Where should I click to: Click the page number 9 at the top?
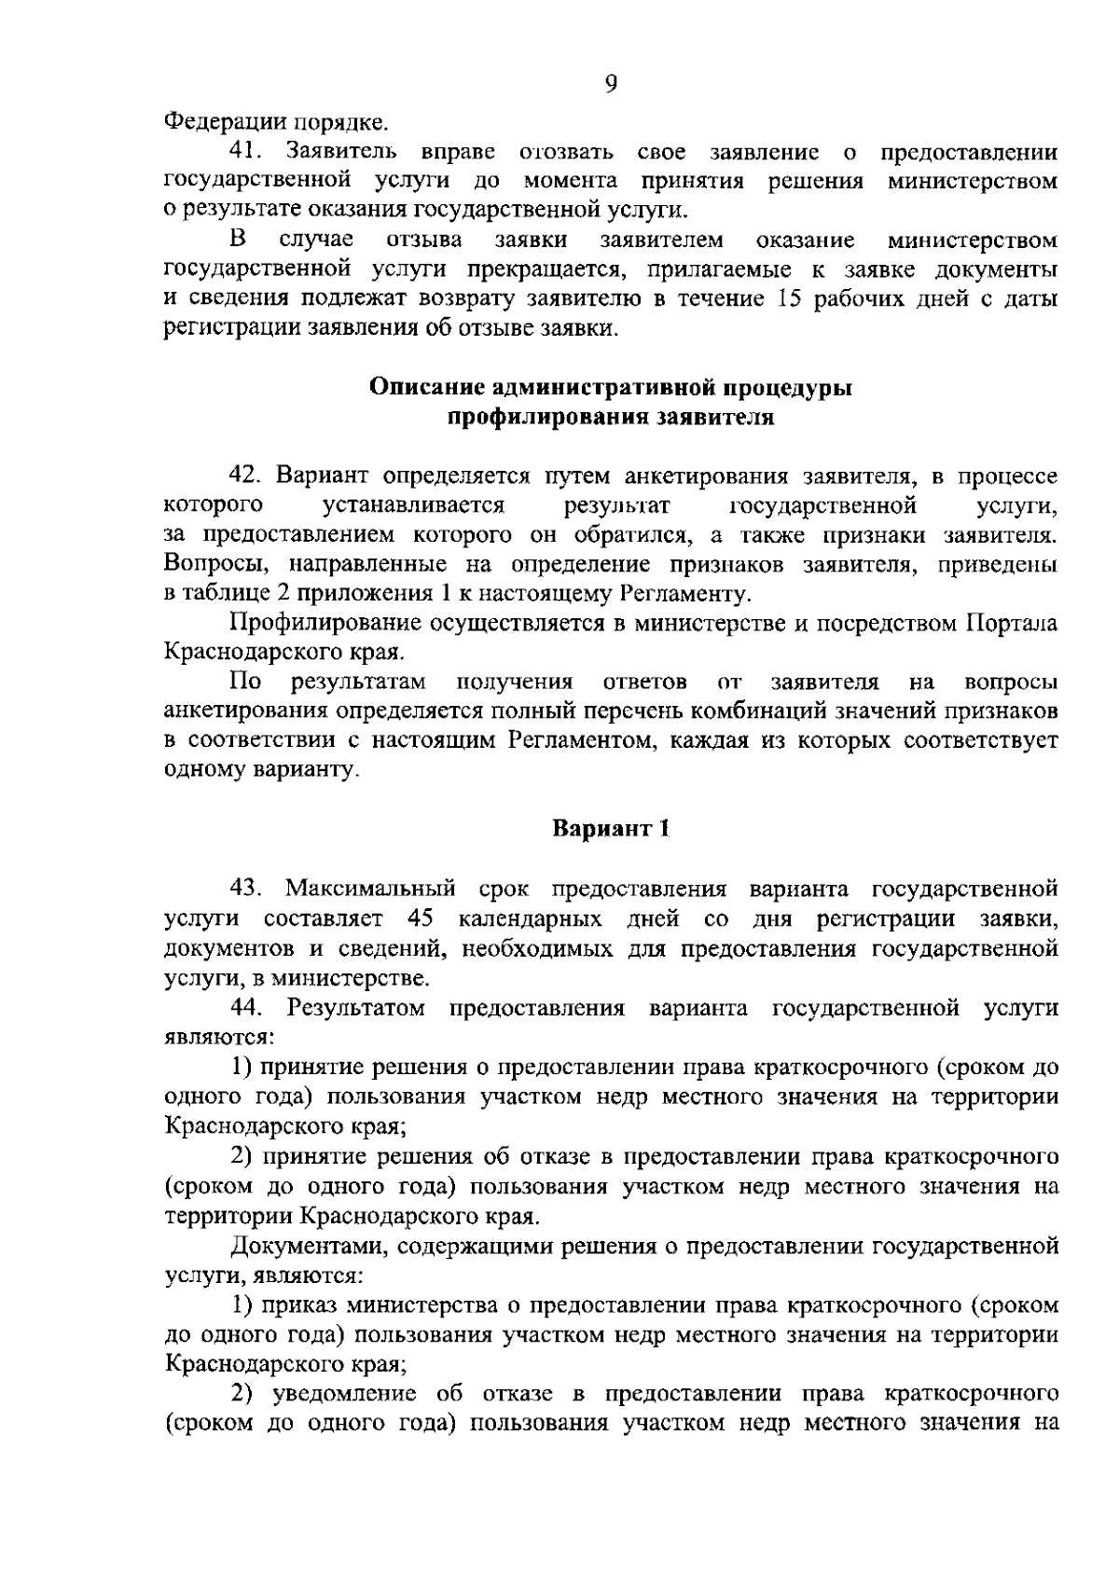(611, 85)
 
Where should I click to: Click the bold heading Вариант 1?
(611, 828)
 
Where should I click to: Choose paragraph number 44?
(248, 1008)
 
